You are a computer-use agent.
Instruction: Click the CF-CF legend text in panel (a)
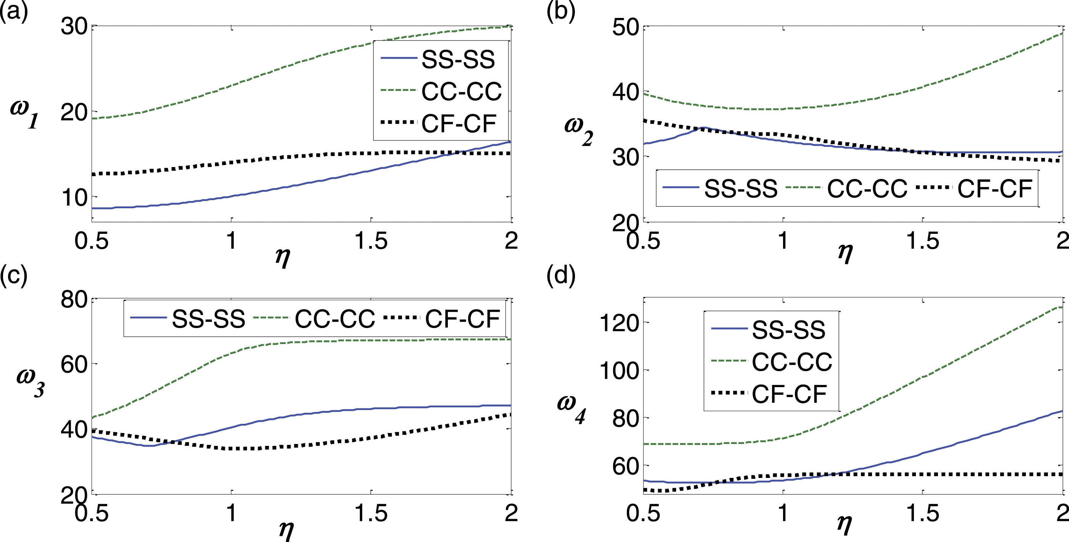point(459,123)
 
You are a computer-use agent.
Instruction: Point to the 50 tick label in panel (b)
point(625,27)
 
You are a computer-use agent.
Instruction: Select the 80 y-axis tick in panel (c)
point(74,299)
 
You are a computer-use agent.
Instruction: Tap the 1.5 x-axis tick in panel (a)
point(371,241)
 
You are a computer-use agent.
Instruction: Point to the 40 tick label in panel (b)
point(625,92)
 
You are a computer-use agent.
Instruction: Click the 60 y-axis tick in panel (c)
point(74,365)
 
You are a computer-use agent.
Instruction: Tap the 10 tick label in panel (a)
point(74,198)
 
